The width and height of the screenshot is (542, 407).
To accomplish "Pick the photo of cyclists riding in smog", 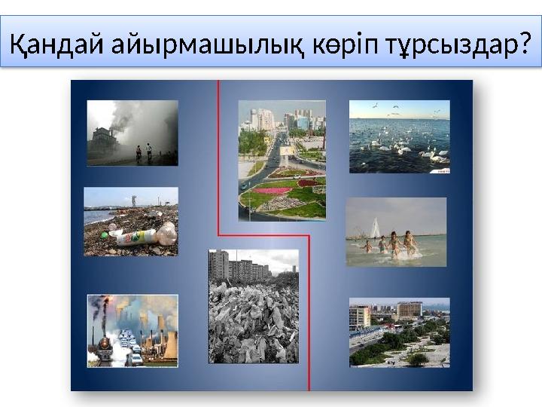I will click(x=132, y=133).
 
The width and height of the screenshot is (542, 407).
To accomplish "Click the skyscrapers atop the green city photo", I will click(x=282, y=119).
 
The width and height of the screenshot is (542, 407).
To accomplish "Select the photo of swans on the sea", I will click(x=399, y=136).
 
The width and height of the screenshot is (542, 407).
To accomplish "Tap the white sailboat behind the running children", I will click(x=374, y=228).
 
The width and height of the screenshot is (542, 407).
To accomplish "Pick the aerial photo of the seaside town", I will click(x=399, y=332).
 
